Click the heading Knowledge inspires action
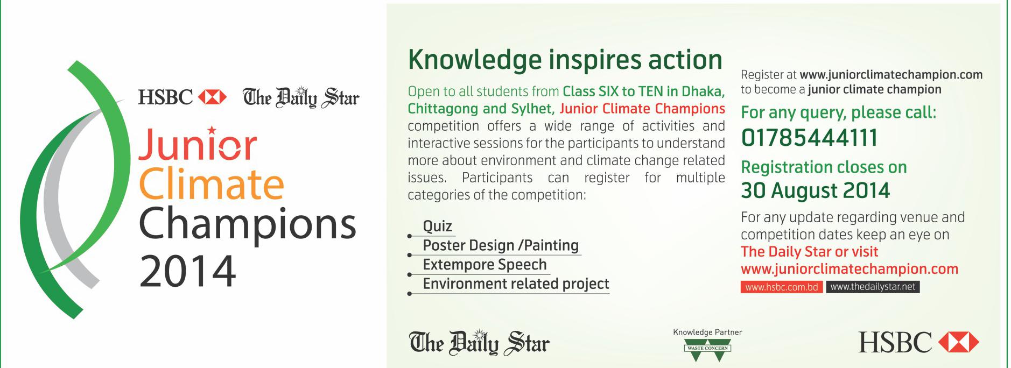(565, 60)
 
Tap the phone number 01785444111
(809, 138)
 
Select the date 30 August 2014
(816, 190)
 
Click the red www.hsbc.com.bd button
(782, 287)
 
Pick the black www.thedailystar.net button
(873, 287)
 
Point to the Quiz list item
(438, 227)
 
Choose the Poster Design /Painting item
(501, 246)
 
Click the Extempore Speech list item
(485, 265)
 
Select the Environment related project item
(516, 284)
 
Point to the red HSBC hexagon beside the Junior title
(212, 97)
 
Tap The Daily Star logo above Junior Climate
(301, 97)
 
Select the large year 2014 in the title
(187, 271)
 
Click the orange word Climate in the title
(212, 184)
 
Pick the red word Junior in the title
(198, 144)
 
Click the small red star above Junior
(212, 130)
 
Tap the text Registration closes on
(824, 167)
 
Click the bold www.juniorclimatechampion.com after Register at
(891, 75)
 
